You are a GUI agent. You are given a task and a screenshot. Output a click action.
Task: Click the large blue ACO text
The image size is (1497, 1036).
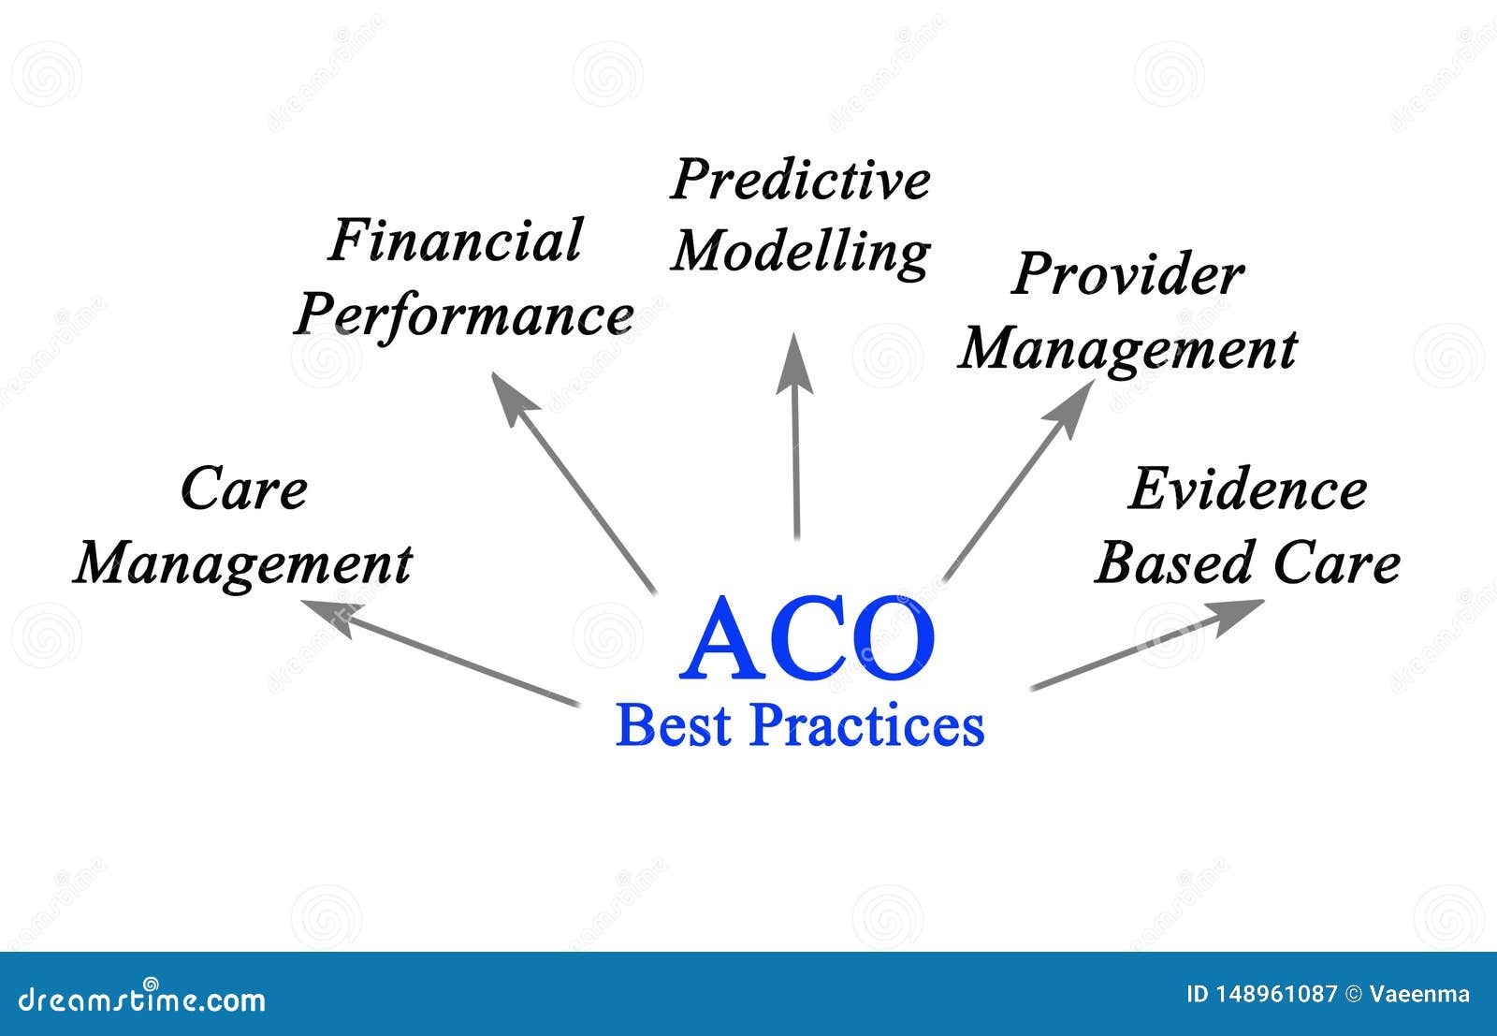(x=808, y=640)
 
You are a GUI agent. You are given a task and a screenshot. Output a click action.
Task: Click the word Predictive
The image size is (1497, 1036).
(x=801, y=182)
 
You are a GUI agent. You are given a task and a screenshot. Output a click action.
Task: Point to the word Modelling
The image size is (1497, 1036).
(x=801, y=252)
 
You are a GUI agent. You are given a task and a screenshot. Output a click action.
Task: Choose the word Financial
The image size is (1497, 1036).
(x=456, y=241)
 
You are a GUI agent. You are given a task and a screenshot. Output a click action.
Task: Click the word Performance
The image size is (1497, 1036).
(x=465, y=315)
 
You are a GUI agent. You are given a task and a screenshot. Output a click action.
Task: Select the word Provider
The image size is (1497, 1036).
(x=1127, y=275)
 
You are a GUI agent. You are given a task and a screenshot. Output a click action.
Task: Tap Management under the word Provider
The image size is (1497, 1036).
(x=1127, y=350)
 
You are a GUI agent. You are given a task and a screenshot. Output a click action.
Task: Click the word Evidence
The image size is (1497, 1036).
(x=1247, y=489)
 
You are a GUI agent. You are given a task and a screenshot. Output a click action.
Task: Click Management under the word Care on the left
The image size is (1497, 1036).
(x=243, y=564)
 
